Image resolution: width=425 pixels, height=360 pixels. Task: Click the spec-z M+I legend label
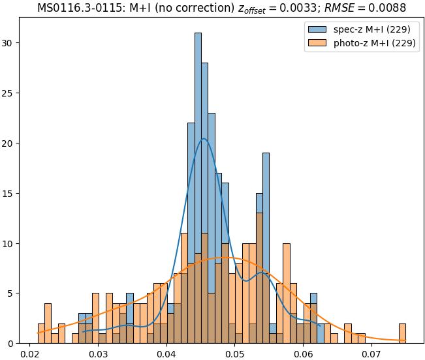click(373, 29)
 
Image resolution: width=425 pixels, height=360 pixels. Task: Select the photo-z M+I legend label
click(376, 44)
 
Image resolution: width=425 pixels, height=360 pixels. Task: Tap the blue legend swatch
click(317, 29)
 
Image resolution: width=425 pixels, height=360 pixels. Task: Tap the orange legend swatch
click(317, 44)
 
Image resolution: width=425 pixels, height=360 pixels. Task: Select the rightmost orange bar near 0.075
click(402, 333)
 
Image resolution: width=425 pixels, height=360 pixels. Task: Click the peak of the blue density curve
click(204, 138)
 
